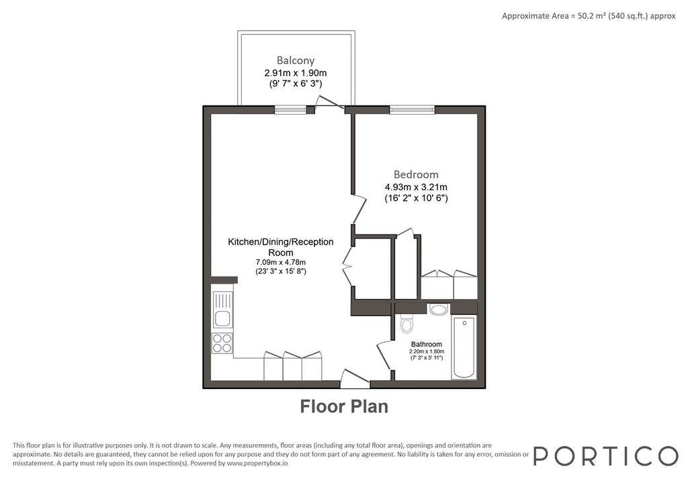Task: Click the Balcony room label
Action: [296, 60]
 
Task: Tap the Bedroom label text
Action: [416, 175]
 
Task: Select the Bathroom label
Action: [427, 345]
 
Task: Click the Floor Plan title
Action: [344, 406]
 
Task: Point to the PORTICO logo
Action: [606, 455]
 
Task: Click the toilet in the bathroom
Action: [406, 324]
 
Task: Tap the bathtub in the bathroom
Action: [464, 347]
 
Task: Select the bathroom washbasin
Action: [438, 309]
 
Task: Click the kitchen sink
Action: [222, 310]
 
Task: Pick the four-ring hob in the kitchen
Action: [222, 343]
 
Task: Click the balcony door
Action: [329, 102]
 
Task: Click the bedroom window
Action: [412, 110]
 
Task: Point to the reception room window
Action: [290, 110]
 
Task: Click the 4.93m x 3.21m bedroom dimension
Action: [416, 187]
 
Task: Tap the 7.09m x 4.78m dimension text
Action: [281, 263]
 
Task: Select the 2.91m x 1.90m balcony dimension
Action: [296, 73]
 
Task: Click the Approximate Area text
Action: [589, 16]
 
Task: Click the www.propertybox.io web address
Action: [257, 463]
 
